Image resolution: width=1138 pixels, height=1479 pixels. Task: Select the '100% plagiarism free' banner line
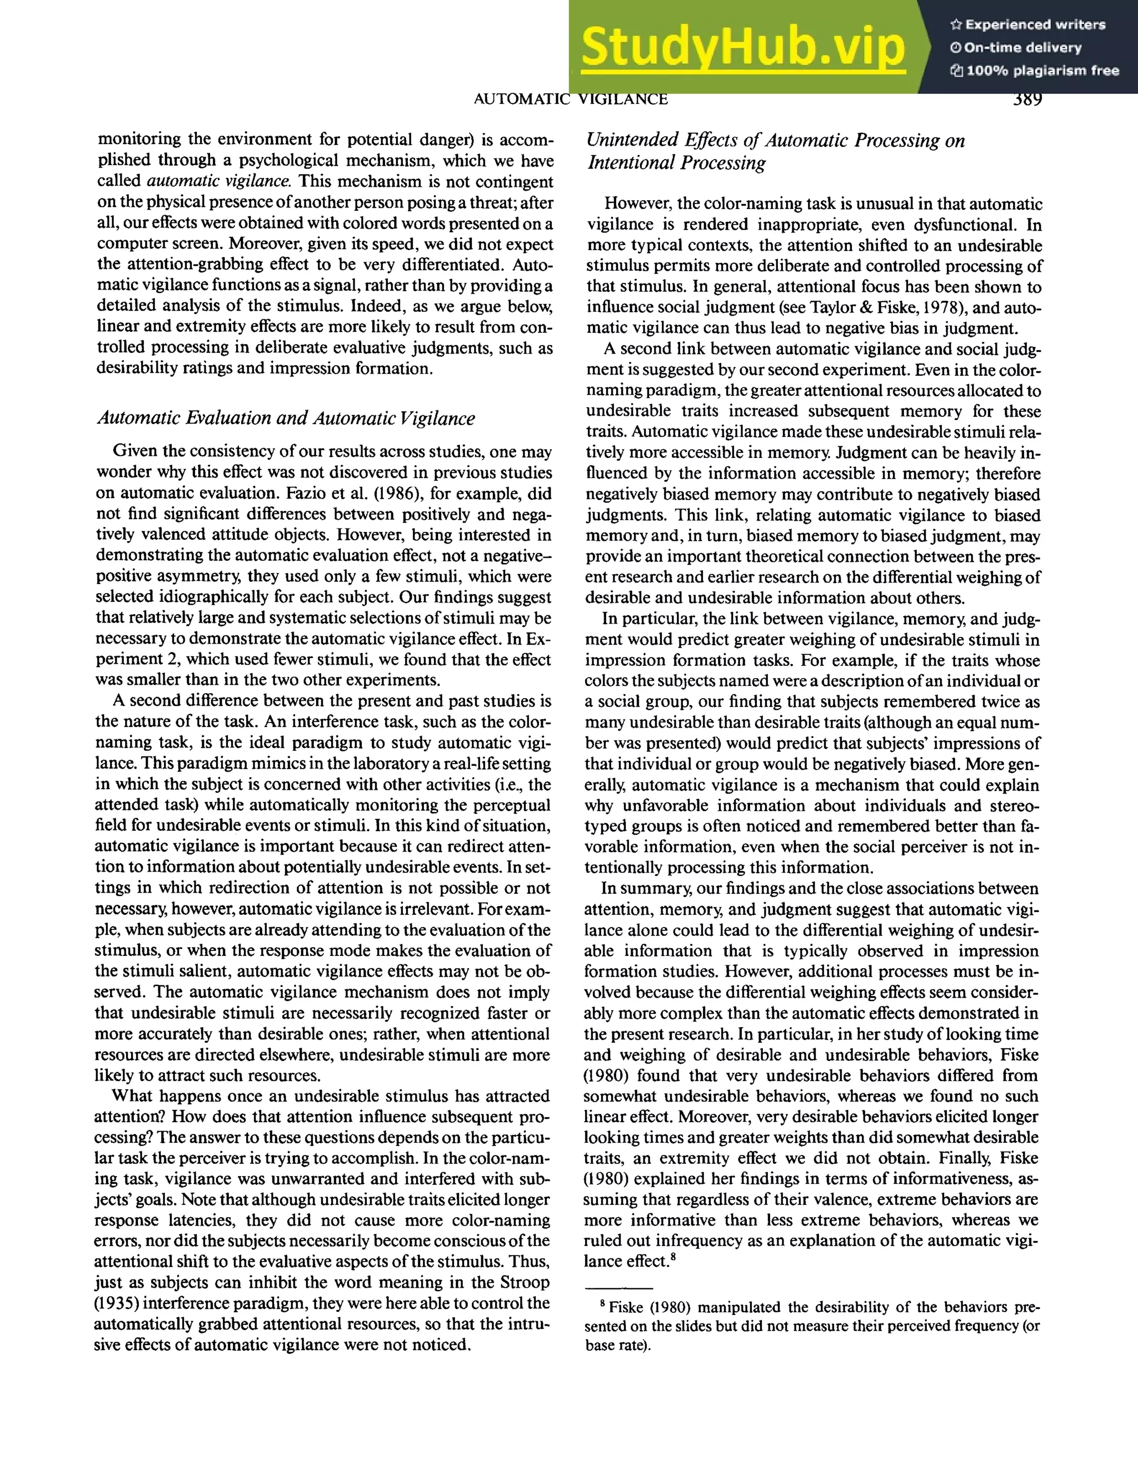pyautogui.click(x=1036, y=71)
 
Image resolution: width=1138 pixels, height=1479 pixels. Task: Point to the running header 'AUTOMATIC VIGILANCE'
pyautogui.click(x=570, y=99)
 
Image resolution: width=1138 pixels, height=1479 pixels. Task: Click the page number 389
pyautogui.click(x=1026, y=99)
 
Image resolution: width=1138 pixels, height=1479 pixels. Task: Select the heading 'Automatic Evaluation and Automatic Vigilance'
pyautogui.click(x=286, y=418)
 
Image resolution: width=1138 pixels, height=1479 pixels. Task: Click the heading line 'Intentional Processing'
pyautogui.click(x=676, y=163)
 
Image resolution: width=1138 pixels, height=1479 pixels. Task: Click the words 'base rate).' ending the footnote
pyautogui.click(x=617, y=1346)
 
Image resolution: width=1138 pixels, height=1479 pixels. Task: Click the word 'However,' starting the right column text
pyautogui.click(x=635, y=204)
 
